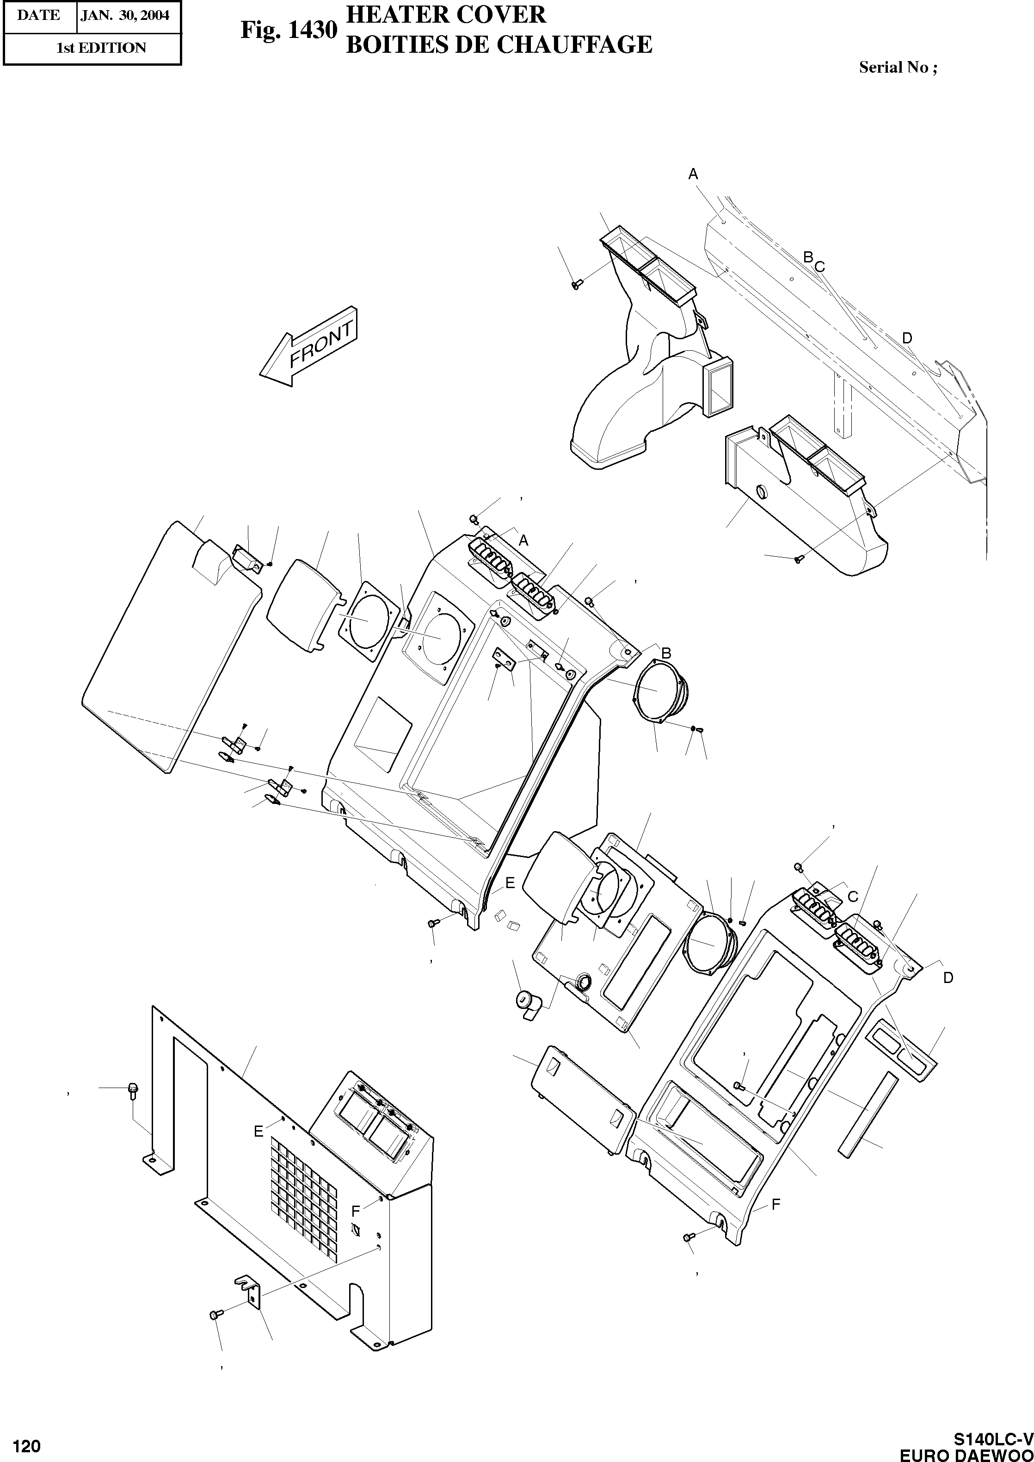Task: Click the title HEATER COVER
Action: (446, 14)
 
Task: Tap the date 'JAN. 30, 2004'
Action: (125, 15)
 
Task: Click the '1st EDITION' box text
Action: (101, 48)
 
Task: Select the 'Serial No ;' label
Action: (898, 68)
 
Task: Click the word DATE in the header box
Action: (38, 15)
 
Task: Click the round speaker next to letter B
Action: (661, 691)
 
